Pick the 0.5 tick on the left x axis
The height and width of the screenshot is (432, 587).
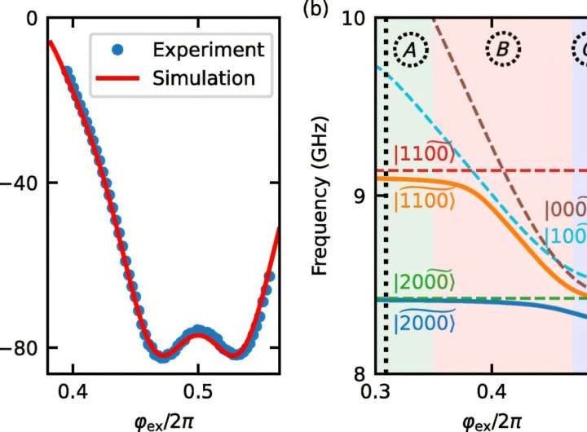pos(198,390)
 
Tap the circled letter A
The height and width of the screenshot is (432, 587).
pos(411,51)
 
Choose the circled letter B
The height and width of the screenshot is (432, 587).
pos(503,51)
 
